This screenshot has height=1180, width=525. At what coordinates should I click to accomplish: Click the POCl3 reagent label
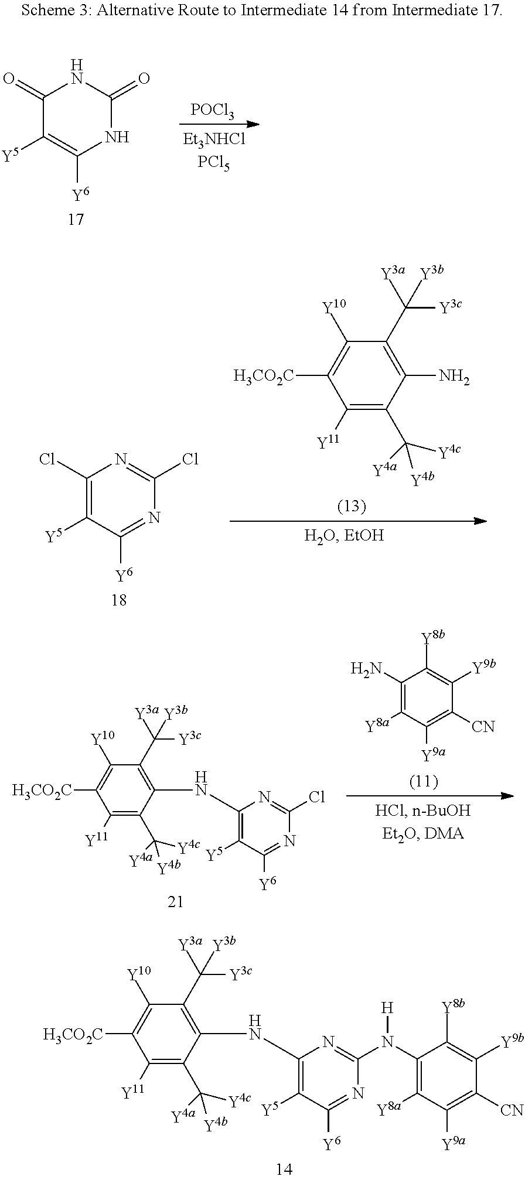[x=212, y=111]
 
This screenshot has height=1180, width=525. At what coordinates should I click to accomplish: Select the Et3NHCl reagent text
[x=213, y=139]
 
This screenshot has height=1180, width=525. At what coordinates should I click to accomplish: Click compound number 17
[x=76, y=220]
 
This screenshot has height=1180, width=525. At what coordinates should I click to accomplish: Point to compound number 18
[x=118, y=600]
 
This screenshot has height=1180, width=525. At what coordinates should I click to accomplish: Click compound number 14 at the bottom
[x=284, y=1169]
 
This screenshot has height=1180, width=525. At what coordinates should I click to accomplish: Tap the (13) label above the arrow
[x=352, y=506]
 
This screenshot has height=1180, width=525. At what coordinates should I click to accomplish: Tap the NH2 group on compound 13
[x=455, y=379]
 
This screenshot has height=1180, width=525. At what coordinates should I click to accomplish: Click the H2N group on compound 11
[x=366, y=669]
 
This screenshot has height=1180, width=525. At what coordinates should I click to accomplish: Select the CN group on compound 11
[x=483, y=727]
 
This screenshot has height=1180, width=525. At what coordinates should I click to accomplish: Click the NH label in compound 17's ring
[x=116, y=138]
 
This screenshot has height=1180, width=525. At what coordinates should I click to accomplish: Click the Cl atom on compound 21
[x=316, y=796]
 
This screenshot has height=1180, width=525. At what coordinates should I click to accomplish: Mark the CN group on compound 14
[x=512, y=1110]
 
